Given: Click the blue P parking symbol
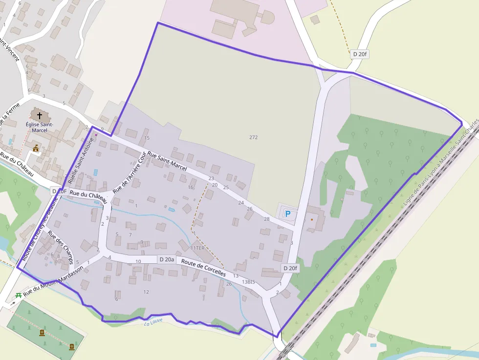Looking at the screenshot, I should click(x=288, y=214).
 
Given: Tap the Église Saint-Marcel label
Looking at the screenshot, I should click(x=40, y=127).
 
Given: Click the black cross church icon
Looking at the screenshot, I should click(x=40, y=116).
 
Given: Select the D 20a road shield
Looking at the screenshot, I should click(x=166, y=259).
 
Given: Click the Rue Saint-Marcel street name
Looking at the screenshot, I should click(x=167, y=161).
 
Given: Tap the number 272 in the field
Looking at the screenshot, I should click(x=253, y=137).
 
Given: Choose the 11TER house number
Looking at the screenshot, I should click(x=197, y=248).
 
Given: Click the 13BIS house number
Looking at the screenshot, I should click(x=248, y=282).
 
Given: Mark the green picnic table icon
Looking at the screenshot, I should click(x=18, y=295).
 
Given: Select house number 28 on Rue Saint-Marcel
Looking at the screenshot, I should click(x=266, y=219).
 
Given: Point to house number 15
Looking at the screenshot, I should click(x=147, y=138).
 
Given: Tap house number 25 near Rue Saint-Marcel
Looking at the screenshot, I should click(x=226, y=187).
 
